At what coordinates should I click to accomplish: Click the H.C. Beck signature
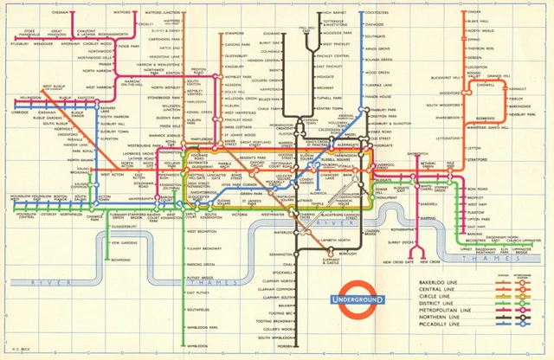click(x=18, y=350)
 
